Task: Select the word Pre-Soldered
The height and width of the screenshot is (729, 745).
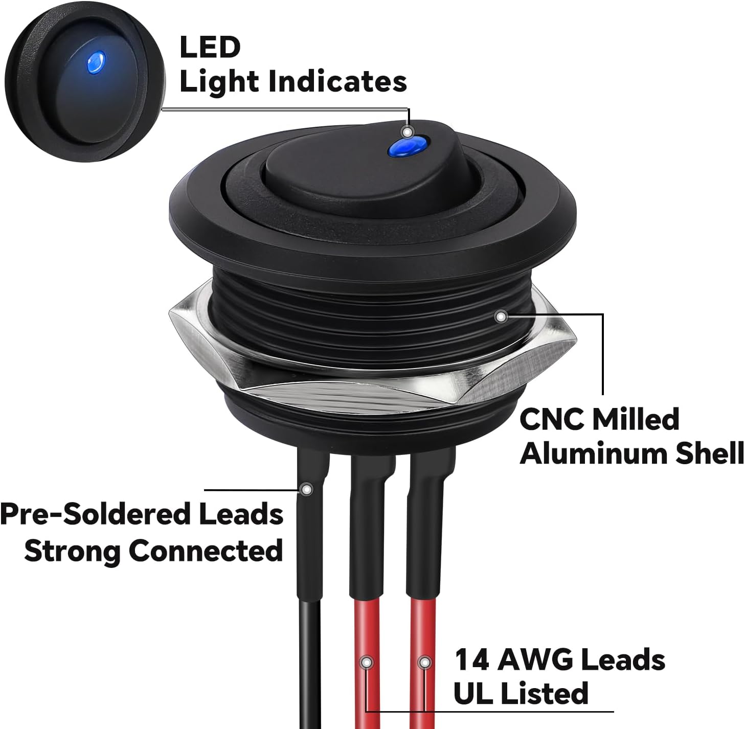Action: (x=95, y=514)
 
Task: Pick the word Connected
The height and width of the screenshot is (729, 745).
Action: (x=206, y=551)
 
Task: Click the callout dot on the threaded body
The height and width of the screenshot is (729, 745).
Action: (x=501, y=317)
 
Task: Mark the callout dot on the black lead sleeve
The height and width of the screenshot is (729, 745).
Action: (x=307, y=490)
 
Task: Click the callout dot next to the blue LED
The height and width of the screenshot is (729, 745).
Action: (x=407, y=132)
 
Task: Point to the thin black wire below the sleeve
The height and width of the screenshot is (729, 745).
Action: (x=309, y=665)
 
